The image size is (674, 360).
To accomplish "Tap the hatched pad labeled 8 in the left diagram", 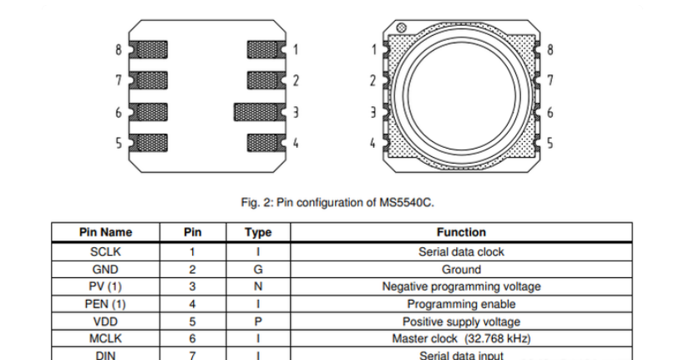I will (150, 50).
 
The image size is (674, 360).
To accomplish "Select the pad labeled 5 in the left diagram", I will (150, 143).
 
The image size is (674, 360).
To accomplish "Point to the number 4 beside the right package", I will (372, 143).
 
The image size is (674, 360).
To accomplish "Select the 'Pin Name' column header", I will (105, 232).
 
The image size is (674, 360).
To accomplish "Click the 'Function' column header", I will (460, 232).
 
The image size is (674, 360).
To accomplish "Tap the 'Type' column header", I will (258, 232).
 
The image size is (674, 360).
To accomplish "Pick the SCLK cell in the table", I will (105, 251).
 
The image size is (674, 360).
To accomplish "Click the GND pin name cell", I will (105, 269).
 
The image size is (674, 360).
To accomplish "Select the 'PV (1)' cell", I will (105, 286).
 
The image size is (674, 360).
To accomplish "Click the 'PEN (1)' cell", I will (105, 304).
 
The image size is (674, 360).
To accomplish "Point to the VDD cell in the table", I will (105, 322).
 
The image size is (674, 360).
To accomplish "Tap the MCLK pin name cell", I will (105, 339).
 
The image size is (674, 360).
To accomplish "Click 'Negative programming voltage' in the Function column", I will (460, 286).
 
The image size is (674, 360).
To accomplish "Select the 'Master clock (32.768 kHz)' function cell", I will (460, 339).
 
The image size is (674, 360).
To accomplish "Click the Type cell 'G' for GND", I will (258, 269).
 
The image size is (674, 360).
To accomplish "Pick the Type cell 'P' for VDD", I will (258, 322).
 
